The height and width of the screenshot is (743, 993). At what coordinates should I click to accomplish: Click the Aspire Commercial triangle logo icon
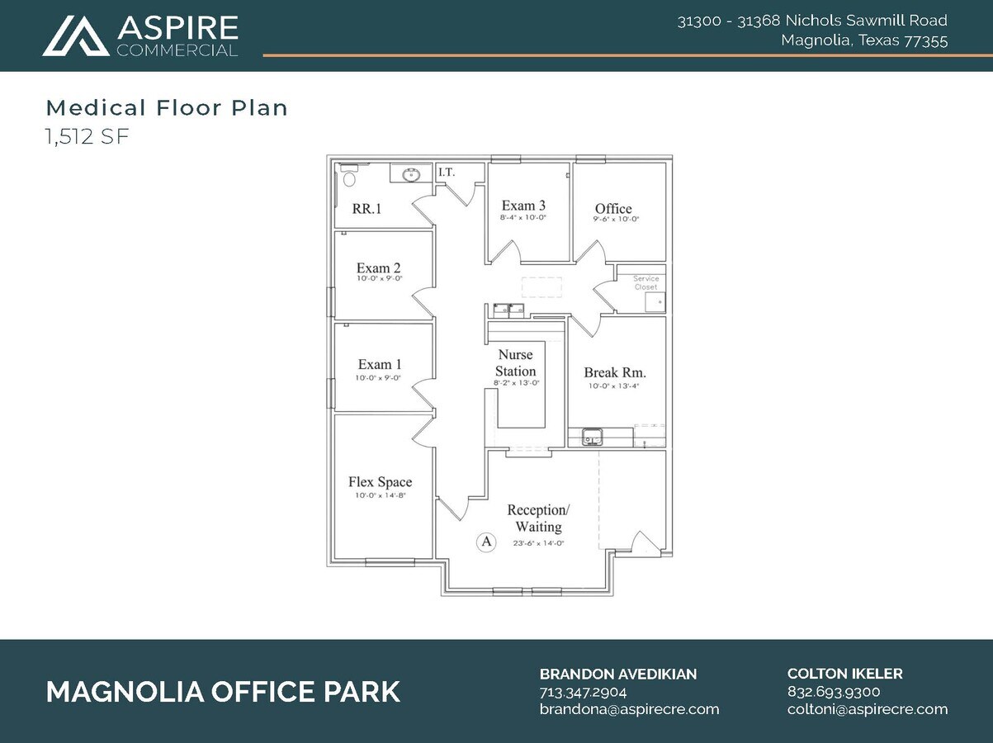click(x=75, y=36)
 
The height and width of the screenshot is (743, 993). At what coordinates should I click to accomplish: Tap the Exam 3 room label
click(x=523, y=206)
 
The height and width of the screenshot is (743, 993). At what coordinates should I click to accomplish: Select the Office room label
click(x=613, y=209)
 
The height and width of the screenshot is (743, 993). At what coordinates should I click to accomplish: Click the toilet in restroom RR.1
click(x=349, y=177)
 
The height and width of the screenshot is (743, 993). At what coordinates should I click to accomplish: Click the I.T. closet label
click(x=447, y=173)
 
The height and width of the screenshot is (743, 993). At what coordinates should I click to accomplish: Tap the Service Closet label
click(x=645, y=282)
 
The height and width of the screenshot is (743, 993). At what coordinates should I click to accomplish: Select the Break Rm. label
click(x=615, y=372)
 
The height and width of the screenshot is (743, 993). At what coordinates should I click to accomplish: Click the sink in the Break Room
click(x=592, y=435)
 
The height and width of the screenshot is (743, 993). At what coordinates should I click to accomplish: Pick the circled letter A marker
click(x=486, y=542)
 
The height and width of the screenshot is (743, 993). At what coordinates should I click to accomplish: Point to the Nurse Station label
click(x=515, y=363)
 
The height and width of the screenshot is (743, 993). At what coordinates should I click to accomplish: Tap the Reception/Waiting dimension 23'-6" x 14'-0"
click(x=538, y=543)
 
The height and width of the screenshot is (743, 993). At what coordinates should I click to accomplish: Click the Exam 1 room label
click(x=379, y=364)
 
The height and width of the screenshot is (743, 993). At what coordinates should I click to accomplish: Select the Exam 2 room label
click(x=379, y=268)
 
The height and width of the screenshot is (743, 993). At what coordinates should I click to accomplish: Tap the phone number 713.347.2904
click(x=583, y=692)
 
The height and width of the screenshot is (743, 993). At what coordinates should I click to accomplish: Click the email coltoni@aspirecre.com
click(x=868, y=709)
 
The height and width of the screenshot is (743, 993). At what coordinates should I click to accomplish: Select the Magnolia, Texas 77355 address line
click(x=863, y=40)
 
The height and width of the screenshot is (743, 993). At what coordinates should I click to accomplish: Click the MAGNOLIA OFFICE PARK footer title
click(x=223, y=692)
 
